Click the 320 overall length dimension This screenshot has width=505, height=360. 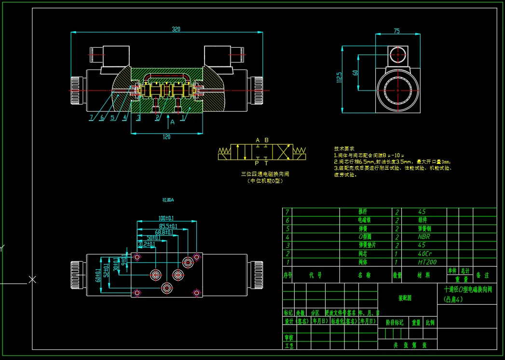[x=176, y=29]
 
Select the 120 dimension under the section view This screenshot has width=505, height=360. [x=166, y=137]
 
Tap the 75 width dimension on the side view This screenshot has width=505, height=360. [x=396, y=31]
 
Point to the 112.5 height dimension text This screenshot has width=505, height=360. [x=340, y=77]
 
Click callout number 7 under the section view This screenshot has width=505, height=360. [x=91, y=117]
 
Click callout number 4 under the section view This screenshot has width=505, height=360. [x=124, y=117]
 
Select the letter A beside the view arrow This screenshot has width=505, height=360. [x=172, y=122]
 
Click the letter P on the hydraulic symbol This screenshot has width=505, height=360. [x=257, y=163]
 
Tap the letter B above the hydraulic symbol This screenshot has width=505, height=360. [x=266, y=140]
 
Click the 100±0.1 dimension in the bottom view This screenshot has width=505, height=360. [x=166, y=219]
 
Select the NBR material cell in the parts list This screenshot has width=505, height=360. [x=423, y=237]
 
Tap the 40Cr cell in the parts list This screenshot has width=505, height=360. [x=425, y=253]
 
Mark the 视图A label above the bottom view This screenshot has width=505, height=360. [x=168, y=200]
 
